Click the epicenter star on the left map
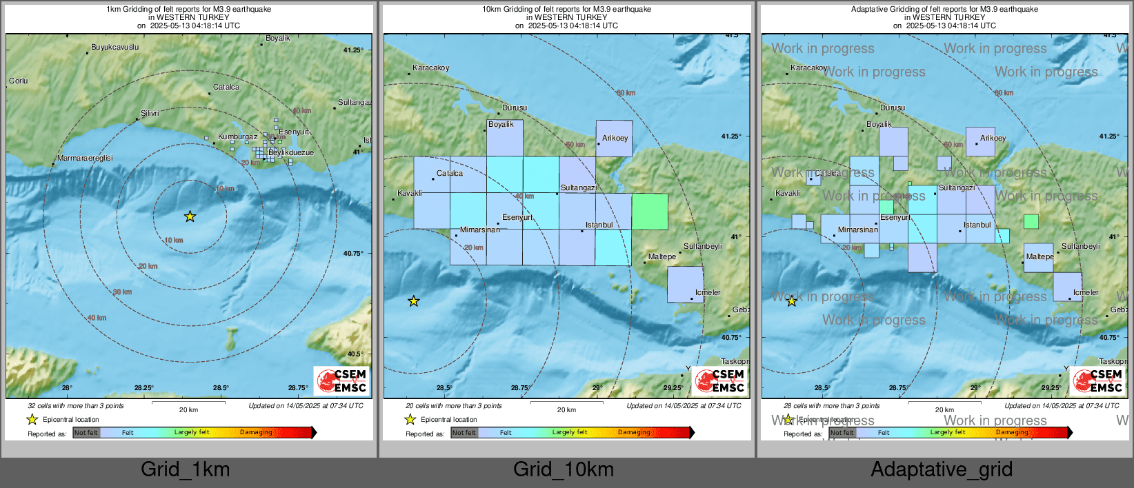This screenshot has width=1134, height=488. point(190,216)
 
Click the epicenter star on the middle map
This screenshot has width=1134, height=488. point(413,301)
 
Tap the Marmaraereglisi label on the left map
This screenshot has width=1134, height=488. point(85,158)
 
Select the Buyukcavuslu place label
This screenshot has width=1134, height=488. point(115,48)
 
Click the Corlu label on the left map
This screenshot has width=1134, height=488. point(19,81)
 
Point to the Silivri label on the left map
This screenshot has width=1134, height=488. point(150,113)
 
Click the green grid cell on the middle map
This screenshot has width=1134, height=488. point(650,212)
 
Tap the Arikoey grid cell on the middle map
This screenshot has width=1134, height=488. point(614,139)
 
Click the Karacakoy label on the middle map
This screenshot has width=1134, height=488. point(430,68)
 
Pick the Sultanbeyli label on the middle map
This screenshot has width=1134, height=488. point(702,246)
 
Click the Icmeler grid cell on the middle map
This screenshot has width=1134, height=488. point(685,285)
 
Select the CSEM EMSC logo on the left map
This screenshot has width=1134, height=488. point(342,380)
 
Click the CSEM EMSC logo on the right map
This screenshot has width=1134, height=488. point(1098,380)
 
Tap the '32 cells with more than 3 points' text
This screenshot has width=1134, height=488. point(76,405)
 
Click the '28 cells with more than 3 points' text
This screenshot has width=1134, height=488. point(831,405)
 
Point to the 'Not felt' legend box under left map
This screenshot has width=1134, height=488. point(86,433)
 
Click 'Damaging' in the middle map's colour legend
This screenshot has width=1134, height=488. point(634,432)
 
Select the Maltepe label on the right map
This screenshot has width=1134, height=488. point(1039,256)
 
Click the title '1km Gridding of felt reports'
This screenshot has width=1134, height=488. point(188,10)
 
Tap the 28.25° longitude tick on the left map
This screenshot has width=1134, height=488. point(144,388)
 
